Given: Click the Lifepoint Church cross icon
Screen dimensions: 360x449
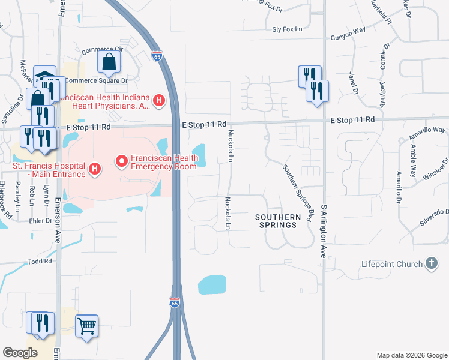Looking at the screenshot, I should tap(431, 263).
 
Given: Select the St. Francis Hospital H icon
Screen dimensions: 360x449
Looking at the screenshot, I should tap(94, 170).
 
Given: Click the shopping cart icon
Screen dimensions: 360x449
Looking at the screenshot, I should tap(87, 326).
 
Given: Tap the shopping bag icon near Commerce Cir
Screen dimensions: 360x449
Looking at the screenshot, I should tap(109, 61).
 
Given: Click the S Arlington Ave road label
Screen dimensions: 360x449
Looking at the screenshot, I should tap(324, 230).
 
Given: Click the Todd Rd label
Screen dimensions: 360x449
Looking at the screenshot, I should tap(40, 262).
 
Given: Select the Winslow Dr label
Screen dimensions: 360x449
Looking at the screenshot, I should tap(436, 170).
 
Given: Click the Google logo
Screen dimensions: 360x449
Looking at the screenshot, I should tap(20, 353).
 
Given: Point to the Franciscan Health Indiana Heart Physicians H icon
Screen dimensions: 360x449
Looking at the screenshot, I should tap(159, 100).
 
